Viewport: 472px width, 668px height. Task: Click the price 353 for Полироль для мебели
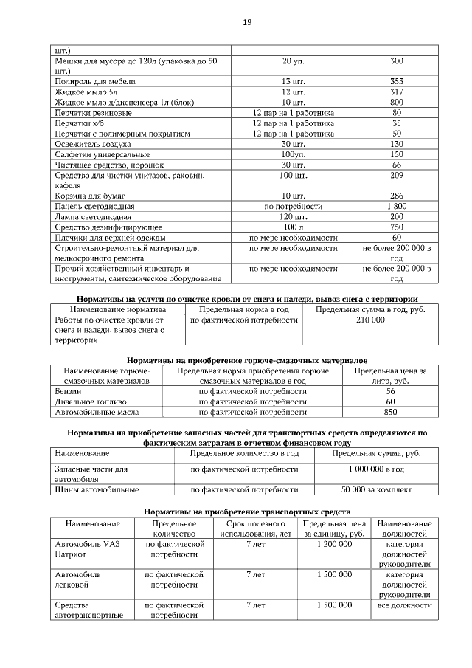pyautogui.click(x=396, y=81)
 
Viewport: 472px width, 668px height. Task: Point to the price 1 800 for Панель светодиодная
pyautogui.click(x=396, y=206)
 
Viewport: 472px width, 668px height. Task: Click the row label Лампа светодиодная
pyautogui.click(x=93, y=217)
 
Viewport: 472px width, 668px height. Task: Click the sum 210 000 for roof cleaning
pyautogui.click(x=370, y=320)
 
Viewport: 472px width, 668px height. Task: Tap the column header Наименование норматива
pyautogui.click(x=117, y=309)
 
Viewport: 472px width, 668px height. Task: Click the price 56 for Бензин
pyautogui.click(x=391, y=391)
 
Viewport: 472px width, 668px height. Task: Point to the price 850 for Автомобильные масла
pyautogui.click(x=391, y=412)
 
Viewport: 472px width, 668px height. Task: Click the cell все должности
pyautogui.click(x=404, y=605)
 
